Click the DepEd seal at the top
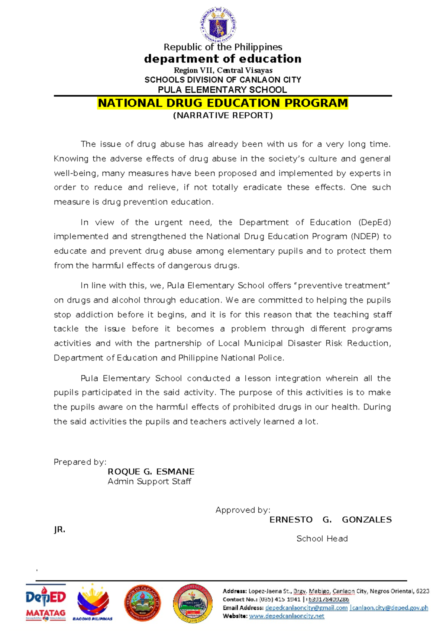point(218,24)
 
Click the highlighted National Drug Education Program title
point(223,103)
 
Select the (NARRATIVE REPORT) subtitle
point(223,115)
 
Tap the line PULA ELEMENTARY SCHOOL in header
point(222,90)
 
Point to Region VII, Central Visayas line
point(223,70)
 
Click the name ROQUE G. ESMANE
point(151,472)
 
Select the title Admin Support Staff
point(149,481)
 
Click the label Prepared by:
point(80,462)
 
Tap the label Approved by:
point(243,510)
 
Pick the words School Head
point(322,539)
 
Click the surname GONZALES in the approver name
point(366,520)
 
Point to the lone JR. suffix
point(59,530)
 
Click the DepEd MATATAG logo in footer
point(46,603)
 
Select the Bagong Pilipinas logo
point(93,603)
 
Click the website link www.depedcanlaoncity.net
point(287,616)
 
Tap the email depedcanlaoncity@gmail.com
point(306,608)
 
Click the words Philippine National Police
point(231,358)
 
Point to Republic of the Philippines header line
point(223,47)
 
